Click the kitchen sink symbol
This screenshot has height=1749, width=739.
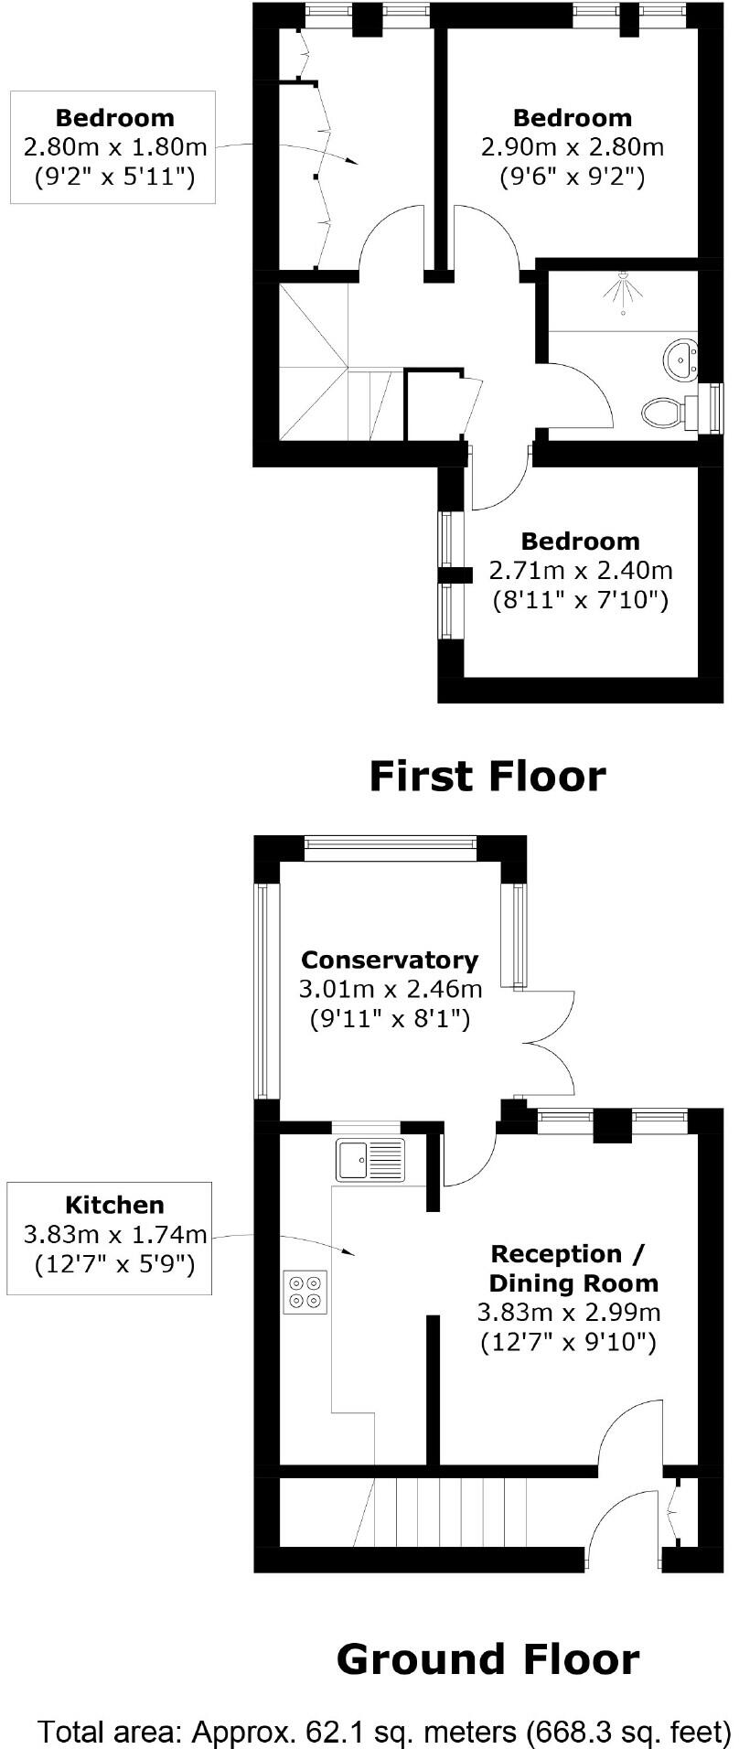pyautogui.click(x=370, y=1159)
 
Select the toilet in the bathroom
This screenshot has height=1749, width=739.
pyautogui.click(x=664, y=413)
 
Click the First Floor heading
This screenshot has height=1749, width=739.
pyautogui.click(x=487, y=776)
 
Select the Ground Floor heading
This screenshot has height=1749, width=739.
pyautogui.click(x=487, y=1658)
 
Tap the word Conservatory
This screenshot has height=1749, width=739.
pyautogui.click(x=390, y=960)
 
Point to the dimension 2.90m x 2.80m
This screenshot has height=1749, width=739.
pyautogui.click(x=573, y=146)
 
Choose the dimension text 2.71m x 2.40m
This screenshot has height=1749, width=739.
pyautogui.click(x=581, y=571)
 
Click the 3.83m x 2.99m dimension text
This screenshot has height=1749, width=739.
pyautogui.click(x=568, y=1313)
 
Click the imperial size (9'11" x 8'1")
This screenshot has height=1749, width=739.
pyautogui.click(x=391, y=1018)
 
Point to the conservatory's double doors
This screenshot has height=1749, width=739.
pyautogui.click(x=548, y=1042)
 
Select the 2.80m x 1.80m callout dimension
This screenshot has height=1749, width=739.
pyautogui.click(x=114, y=146)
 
